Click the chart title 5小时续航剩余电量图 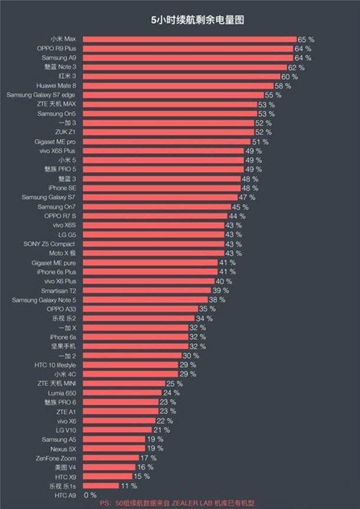[197, 20]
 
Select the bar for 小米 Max [189, 39]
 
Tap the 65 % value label [306, 39]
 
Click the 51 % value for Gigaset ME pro [260, 142]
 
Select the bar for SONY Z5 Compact [153, 244]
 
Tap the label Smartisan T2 [58, 291]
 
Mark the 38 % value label [217, 300]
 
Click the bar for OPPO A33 [140, 309]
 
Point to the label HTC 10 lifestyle [55, 365]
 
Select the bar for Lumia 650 [122, 393]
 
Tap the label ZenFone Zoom [57, 458]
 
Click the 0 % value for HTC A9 [90, 495]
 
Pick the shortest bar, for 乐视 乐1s [101, 486]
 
